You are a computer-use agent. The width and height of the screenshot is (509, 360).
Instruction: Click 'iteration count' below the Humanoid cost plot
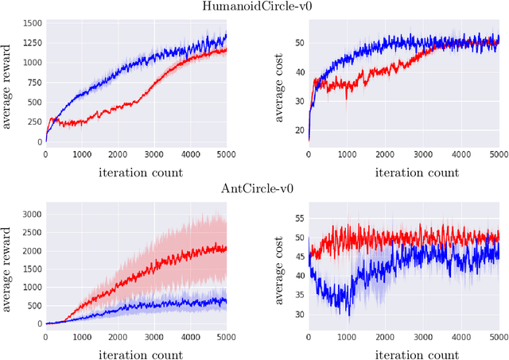click(403, 171)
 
